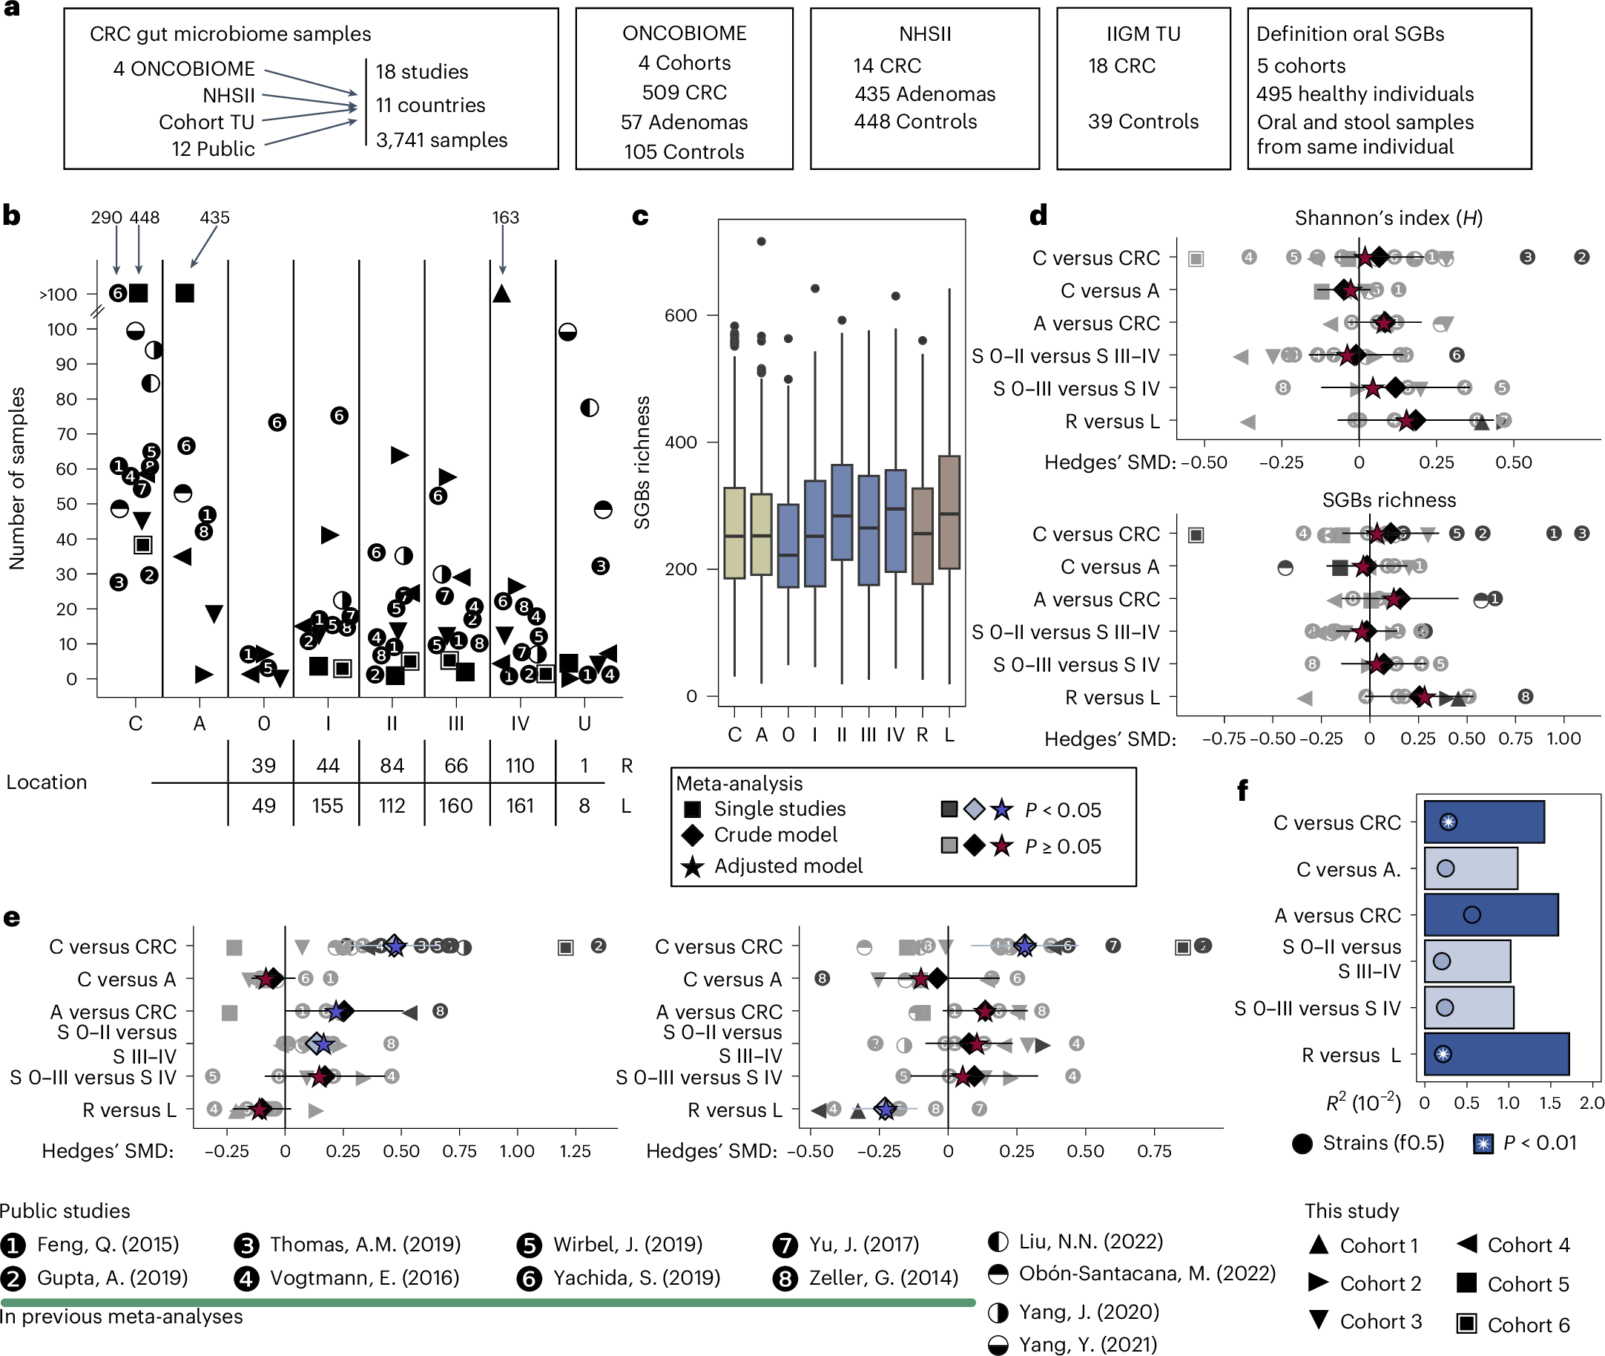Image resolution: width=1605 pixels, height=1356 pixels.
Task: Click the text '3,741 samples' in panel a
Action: [441, 140]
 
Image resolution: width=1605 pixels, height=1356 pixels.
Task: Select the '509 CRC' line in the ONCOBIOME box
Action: [684, 92]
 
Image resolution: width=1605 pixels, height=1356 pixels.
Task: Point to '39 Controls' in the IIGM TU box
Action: [1142, 122]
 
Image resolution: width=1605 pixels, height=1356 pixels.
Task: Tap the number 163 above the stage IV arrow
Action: [505, 217]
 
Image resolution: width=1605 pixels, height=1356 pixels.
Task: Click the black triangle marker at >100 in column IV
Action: [501, 293]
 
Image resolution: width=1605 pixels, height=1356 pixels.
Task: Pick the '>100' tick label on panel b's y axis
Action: [59, 295]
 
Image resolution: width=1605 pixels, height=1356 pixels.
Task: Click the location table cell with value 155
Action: [327, 805]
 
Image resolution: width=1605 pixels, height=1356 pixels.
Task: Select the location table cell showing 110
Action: [519, 766]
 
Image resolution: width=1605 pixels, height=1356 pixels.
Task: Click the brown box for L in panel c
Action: [949, 513]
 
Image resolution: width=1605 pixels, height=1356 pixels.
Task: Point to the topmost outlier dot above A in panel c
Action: [761, 241]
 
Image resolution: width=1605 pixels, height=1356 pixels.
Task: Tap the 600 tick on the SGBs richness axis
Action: [680, 315]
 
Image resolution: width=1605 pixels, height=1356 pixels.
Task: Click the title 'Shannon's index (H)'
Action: [1388, 218]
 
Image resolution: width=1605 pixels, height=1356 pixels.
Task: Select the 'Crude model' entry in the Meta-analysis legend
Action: [775, 835]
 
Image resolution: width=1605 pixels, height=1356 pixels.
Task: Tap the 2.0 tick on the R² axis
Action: [1591, 1103]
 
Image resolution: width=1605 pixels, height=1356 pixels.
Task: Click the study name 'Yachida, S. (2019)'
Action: [636, 1277]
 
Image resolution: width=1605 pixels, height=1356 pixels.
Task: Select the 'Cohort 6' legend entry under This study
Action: [1527, 1325]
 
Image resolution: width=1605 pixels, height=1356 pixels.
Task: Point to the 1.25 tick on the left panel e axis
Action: [575, 1150]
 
